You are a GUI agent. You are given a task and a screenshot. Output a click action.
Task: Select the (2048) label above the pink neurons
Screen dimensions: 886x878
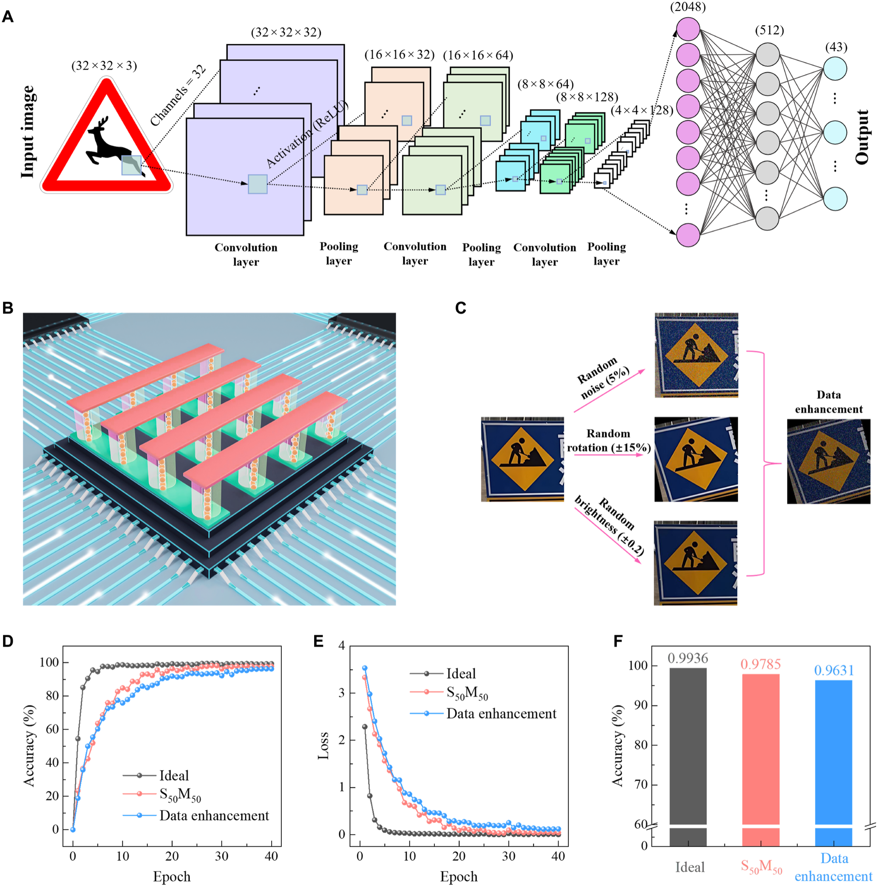(x=688, y=7)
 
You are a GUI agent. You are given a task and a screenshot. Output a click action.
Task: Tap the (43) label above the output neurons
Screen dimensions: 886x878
(x=836, y=47)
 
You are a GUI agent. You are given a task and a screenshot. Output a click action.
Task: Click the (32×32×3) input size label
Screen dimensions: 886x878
(x=104, y=66)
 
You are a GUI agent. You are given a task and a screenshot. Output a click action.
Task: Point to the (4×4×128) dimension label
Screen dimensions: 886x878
(x=642, y=111)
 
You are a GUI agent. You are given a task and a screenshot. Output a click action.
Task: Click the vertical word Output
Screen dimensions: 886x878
(x=862, y=137)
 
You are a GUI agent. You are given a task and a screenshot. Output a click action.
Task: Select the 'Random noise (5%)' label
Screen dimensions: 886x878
(x=603, y=379)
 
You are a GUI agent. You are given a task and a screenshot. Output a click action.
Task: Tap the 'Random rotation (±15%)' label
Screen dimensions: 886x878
(x=608, y=440)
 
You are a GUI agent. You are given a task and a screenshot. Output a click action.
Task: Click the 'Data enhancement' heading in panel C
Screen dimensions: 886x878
(x=828, y=402)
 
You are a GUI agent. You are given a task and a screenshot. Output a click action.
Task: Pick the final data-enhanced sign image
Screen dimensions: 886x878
(x=828, y=461)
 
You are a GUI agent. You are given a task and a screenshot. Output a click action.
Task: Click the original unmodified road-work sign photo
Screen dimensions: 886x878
(x=522, y=459)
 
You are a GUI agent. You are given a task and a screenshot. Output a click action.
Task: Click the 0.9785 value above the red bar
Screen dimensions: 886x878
(x=760, y=664)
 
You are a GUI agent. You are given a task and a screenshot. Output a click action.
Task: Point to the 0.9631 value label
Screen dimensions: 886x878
(x=834, y=671)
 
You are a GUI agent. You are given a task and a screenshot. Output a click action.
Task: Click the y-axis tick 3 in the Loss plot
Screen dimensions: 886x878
(x=341, y=693)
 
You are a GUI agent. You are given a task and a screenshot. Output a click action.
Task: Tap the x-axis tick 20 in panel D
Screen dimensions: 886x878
(x=172, y=856)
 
